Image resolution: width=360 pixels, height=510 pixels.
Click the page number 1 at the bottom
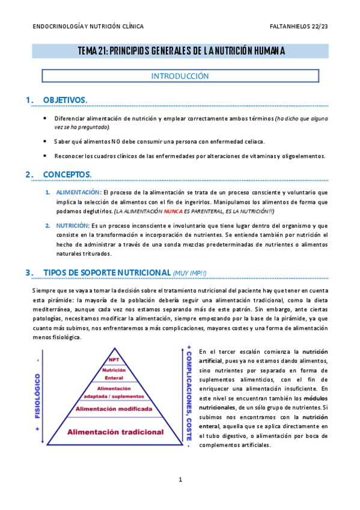[180, 479]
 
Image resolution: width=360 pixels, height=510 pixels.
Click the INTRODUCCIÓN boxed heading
[180, 76]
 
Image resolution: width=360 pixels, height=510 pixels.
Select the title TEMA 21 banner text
[180, 51]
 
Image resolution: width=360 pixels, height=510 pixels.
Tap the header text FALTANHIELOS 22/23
[299, 26]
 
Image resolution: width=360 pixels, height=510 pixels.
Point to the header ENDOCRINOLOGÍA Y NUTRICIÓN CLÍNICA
[88, 26]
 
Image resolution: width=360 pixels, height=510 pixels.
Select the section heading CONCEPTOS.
[67, 174]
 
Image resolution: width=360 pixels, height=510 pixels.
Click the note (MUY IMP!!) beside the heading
[189, 273]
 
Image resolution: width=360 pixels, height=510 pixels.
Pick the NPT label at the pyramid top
[110, 360]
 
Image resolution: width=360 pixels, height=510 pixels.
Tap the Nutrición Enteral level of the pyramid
[110, 373]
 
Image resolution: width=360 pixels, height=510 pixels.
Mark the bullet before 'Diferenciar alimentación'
[46, 118]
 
